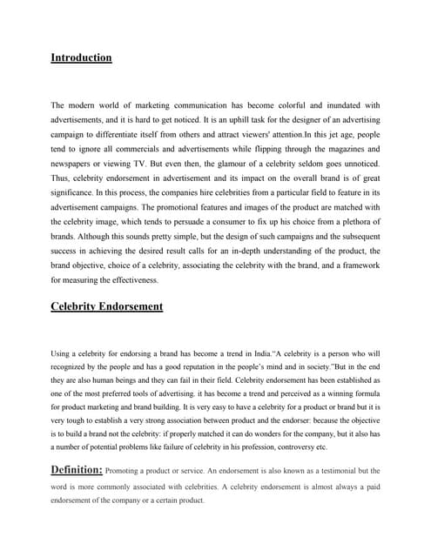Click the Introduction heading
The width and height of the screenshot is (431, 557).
pyautogui.click(x=81, y=58)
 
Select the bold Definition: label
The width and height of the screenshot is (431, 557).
pyautogui.click(x=77, y=470)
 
